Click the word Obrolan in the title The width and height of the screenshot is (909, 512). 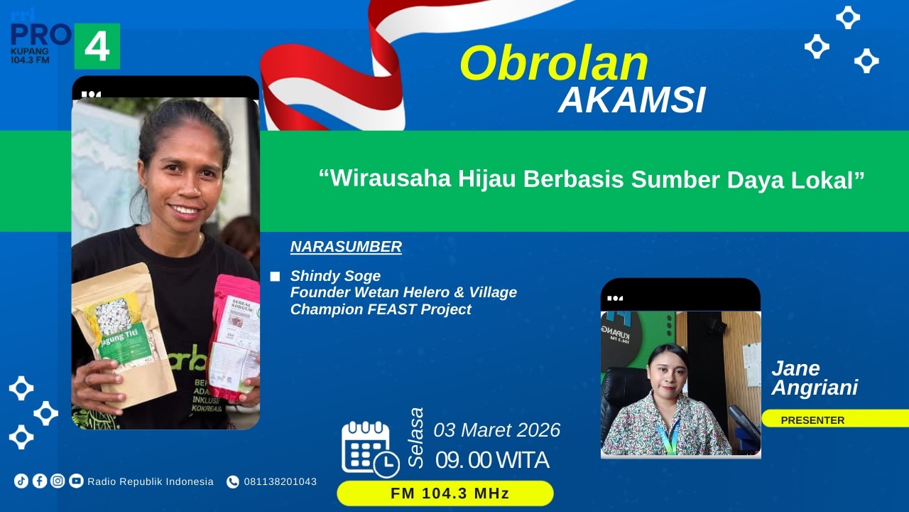point(554,64)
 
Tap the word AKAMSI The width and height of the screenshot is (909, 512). point(632,101)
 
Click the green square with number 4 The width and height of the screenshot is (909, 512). point(97,46)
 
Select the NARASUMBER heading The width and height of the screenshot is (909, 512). point(346,247)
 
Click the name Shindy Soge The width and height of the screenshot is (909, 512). point(335,276)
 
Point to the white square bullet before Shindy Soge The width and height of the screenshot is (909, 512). point(275,277)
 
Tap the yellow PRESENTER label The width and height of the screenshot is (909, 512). point(813,420)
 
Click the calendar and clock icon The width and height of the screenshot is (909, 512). point(369,448)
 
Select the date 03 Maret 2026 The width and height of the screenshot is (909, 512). point(496,430)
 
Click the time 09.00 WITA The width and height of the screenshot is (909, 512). point(492,461)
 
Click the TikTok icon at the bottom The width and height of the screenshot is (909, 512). point(21,481)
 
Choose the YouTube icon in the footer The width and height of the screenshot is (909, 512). point(76,481)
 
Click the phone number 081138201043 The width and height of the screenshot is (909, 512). point(280,481)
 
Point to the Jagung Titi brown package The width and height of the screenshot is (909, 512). point(124,334)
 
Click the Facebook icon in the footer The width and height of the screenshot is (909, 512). point(40,481)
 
